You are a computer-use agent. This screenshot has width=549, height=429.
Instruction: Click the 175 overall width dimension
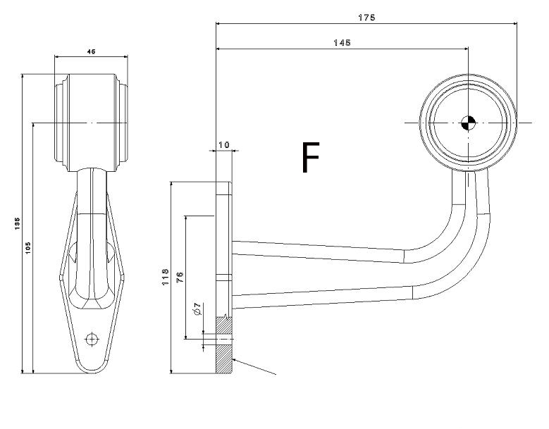(366, 17)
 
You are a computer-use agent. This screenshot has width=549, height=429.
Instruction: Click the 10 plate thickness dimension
(224, 144)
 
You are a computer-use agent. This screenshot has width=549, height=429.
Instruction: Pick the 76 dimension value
(179, 276)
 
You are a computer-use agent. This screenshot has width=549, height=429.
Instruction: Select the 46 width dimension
(92, 51)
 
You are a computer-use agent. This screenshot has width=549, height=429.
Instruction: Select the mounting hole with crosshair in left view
(91, 339)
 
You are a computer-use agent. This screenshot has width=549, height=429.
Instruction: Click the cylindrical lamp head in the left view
(91, 120)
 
